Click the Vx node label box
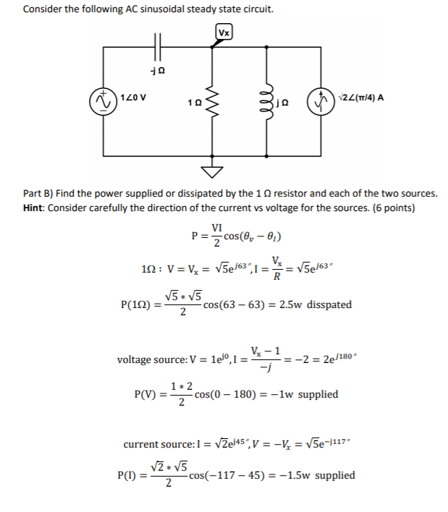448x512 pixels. (x=224, y=33)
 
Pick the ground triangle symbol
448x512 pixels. (x=212, y=173)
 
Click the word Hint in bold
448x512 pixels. (x=35, y=208)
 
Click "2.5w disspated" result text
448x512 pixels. (x=318, y=304)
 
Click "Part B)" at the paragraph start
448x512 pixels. (x=38, y=194)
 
